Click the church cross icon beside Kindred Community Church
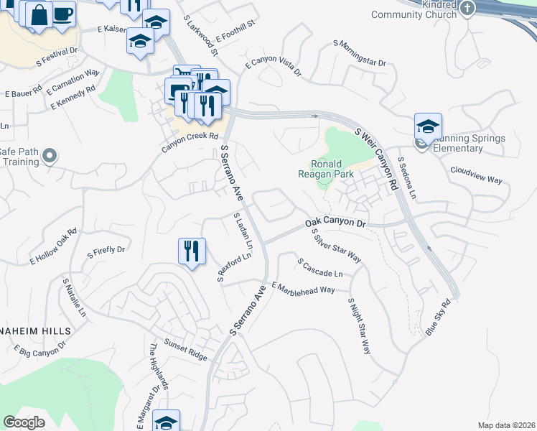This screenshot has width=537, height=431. point(467,9)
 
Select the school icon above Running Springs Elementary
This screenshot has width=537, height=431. point(428,127)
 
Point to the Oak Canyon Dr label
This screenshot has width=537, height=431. point(336,223)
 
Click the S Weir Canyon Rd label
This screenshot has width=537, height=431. point(377,158)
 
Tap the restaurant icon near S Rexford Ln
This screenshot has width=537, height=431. point(192,251)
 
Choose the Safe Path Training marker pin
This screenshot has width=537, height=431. point(50,155)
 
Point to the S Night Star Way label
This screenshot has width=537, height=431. point(359,325)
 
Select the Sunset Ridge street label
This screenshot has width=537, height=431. point(185,351)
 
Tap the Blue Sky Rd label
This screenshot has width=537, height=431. point(442,317)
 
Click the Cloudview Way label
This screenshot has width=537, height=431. point(476,175)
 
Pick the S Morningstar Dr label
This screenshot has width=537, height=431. point(360,53)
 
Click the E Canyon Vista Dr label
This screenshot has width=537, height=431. point(273,68)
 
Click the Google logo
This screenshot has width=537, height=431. point(24,422)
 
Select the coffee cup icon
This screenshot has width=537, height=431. point(62,13)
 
